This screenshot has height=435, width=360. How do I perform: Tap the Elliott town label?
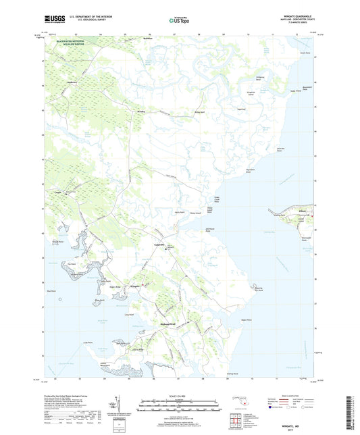(x=302, y=210)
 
